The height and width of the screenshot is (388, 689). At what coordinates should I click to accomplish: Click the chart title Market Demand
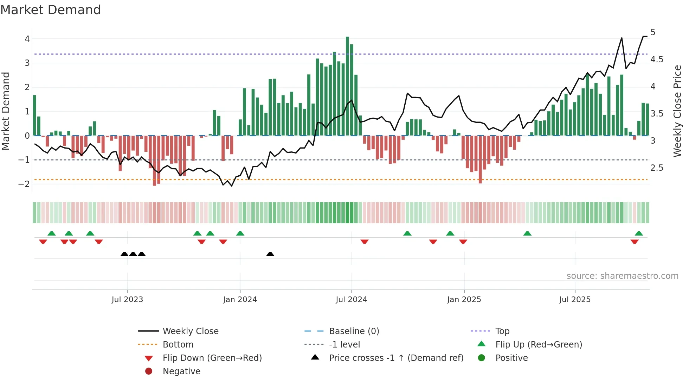pyautogui.click(x=51, y=10)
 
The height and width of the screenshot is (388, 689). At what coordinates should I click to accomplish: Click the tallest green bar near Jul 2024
pyautogui.click(x=347, y=86)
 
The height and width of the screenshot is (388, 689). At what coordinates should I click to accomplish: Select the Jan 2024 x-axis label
pyautogui.click(x=240, y=300)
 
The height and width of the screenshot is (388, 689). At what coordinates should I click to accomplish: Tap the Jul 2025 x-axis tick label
pyautogui.click(x=575, y=300)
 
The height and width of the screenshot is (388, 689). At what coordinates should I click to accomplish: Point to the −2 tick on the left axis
pyautogui.click(x=24, y=184)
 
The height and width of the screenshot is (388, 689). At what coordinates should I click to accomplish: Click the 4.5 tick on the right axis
pyautogui.click(x=656, y=60)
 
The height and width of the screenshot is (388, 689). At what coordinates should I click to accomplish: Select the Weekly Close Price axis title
pyautogui.click(x=677, y=111)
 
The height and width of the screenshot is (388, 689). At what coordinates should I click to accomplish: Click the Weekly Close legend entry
pyautogui.click(x=190, y=331)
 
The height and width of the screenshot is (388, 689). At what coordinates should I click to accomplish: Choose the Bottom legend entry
pyautogui.click(x=178, y=345)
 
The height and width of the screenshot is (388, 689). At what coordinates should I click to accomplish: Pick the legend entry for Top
pyautogui.click(x=502, y=331)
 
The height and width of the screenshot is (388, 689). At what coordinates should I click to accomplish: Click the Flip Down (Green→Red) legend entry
pyautogui.click(x=212, y=358)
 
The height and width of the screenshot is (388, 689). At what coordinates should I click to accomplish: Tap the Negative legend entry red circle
pyautogui.click(x=149, y=371)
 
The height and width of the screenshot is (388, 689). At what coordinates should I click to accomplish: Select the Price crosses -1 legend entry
pyautogui.click(x=396, y=358)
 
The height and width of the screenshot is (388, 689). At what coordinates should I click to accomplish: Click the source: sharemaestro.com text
pyautogui.click(x=622, y=276)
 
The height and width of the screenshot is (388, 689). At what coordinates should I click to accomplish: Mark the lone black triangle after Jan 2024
pyautogui.click(x=270, y=254)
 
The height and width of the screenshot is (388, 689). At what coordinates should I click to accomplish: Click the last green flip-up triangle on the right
pyautogui.click(x=639, y=233)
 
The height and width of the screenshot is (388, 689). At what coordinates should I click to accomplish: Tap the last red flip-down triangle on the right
pyautogui.click(x=635, y=242)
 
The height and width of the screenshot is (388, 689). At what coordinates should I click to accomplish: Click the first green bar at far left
pyautogui.click(x=34, y=115)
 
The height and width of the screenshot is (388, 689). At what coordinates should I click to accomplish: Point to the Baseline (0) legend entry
pyautogui.click(x=354, y=331)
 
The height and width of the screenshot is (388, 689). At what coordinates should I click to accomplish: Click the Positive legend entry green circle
pyautogui.click(x=482, y=358)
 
